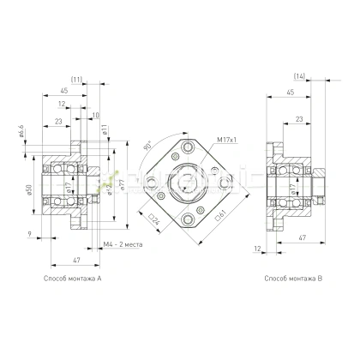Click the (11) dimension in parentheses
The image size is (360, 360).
[76, 80]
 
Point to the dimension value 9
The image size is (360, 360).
[30, 234]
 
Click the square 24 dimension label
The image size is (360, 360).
[155, 219]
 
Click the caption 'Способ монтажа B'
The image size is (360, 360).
[293, 279]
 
